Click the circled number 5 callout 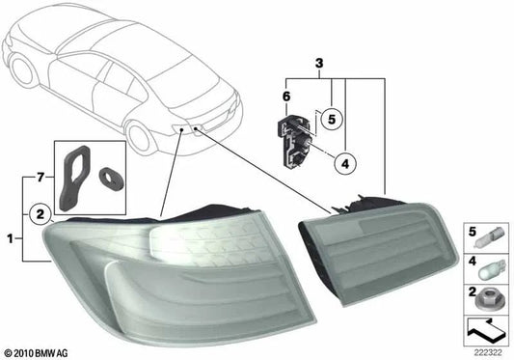[x=332, y=119]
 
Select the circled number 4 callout [x=345, y=163]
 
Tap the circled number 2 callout [x=40, y=214]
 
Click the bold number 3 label [x=319, y=64]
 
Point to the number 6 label [x=286, y=97]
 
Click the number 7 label [x=40, y=178]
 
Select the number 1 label [x=11, y=238]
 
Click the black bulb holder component [x=295, y=140]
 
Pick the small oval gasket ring [x=112, y=179]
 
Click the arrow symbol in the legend [x=485, y=330]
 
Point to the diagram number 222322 [x=488, y=353]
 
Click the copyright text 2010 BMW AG [x=37, y=353]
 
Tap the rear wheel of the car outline [x=142, y=138]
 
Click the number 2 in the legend [x=472, y=291]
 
